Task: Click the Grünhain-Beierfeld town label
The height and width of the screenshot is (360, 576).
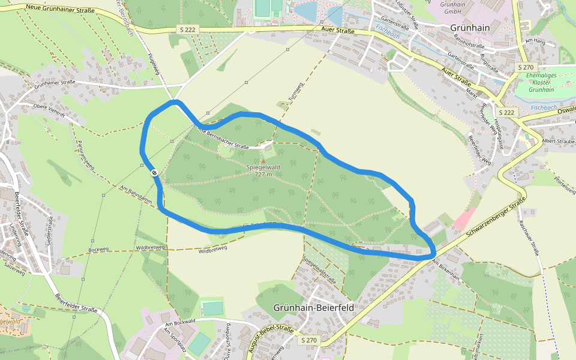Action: coord(313,307)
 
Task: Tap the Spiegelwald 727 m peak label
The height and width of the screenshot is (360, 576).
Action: coord(263,170)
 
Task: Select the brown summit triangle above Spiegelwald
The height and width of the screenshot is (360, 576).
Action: coord(263,160)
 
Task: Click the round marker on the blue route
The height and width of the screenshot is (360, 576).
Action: coord(155,173)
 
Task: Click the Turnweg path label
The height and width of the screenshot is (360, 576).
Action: coord(293,91)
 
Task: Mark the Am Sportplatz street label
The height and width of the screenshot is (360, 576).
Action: coord(176,340)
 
